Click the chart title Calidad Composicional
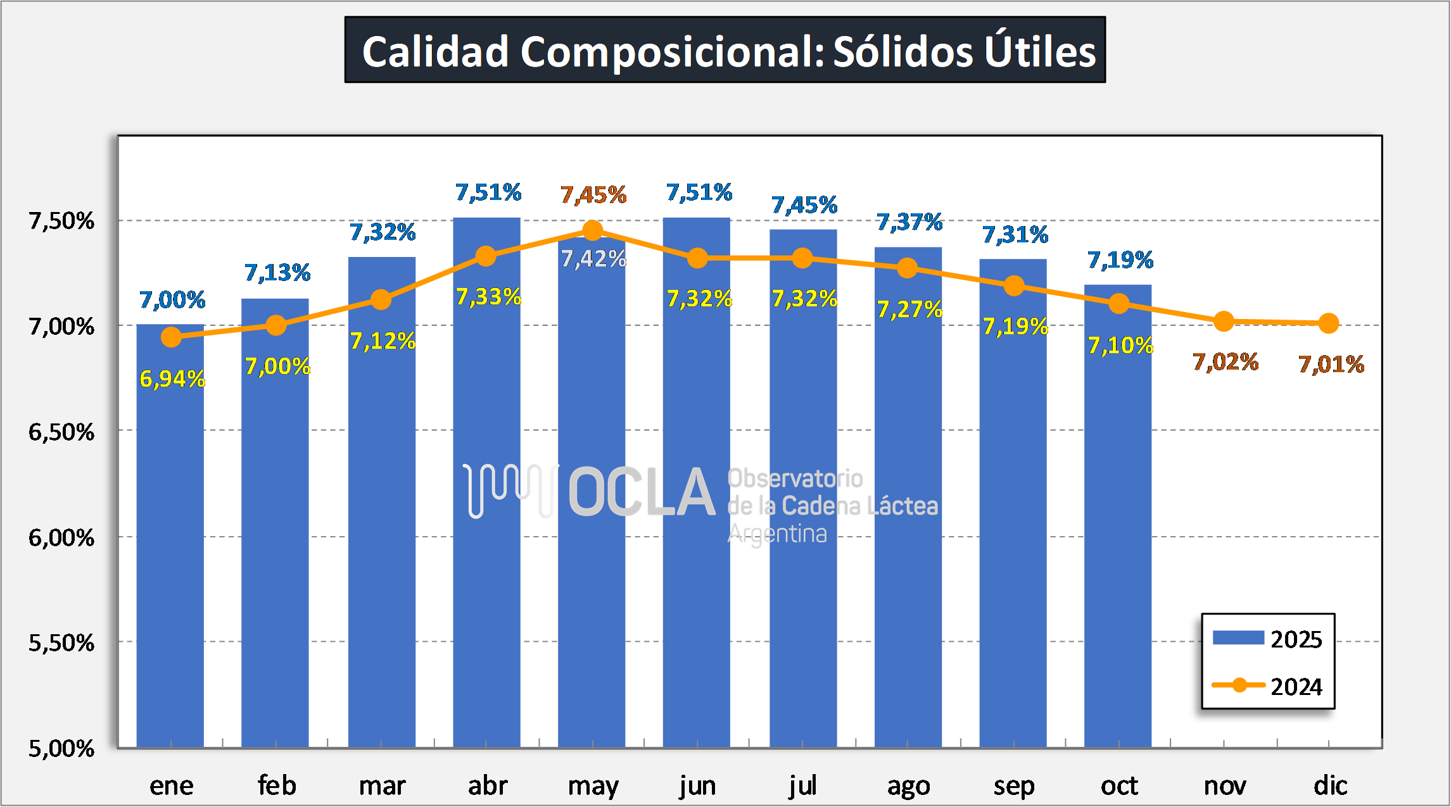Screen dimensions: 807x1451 coord(725,50)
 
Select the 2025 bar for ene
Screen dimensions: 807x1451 coord(170,538)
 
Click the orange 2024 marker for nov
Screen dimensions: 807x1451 coord(1224,322)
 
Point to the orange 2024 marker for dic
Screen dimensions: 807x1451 coord(1329,323)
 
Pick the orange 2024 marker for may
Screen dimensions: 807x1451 coord(592,230)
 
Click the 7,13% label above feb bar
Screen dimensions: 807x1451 coord(277,273)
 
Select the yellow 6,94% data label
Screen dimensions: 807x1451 coord(172,379)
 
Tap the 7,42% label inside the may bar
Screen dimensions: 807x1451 coord(593,259)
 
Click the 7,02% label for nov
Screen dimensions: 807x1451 coord(1226,362)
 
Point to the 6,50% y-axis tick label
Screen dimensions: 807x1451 coord(61,432)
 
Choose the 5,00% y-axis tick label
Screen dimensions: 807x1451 coord(61,749)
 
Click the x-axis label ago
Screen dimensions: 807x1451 coord(908,786)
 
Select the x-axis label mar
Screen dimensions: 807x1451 coord(382,786)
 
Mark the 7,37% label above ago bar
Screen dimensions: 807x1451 coord(909,222)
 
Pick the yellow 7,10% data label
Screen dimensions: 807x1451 coord(1120,346)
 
